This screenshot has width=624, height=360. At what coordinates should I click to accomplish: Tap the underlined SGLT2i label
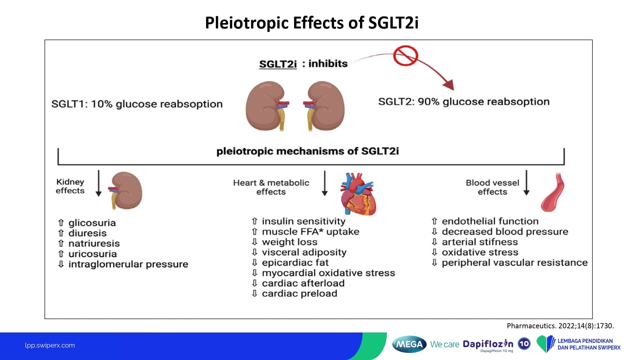coord(278,64)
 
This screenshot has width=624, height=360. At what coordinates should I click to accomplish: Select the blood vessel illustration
coord(553,192)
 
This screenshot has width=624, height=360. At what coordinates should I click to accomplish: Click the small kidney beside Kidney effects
coord(126,190)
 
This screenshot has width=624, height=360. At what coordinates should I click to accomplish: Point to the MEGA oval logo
coord(409,344)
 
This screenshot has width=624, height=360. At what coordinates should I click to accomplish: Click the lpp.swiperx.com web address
coord(50,345)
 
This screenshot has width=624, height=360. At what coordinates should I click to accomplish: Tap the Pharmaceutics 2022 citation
coord(560,326)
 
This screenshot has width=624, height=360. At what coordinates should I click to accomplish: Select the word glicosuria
coord(92,223)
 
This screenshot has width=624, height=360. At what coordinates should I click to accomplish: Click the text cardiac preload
coord(300,293)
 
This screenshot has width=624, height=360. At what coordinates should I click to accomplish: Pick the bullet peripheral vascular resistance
coord(515,263)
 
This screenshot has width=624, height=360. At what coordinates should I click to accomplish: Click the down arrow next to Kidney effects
coord(99,183)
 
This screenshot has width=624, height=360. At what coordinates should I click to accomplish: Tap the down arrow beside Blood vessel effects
coord(526,183)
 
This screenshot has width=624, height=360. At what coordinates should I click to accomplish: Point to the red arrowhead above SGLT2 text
coord(449,85)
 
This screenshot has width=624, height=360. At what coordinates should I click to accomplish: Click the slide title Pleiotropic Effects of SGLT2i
coord(312,23)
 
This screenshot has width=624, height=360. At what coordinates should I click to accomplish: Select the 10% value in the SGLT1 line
coord(102,104)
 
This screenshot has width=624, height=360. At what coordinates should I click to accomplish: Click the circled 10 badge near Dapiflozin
coord(524,344)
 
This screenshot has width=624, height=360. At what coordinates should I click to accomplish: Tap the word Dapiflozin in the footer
coord(488,344)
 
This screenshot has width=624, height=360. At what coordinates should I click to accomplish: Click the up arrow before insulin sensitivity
coord(254,221)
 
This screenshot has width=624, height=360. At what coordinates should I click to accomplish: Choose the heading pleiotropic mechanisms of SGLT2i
coord(308,151)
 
